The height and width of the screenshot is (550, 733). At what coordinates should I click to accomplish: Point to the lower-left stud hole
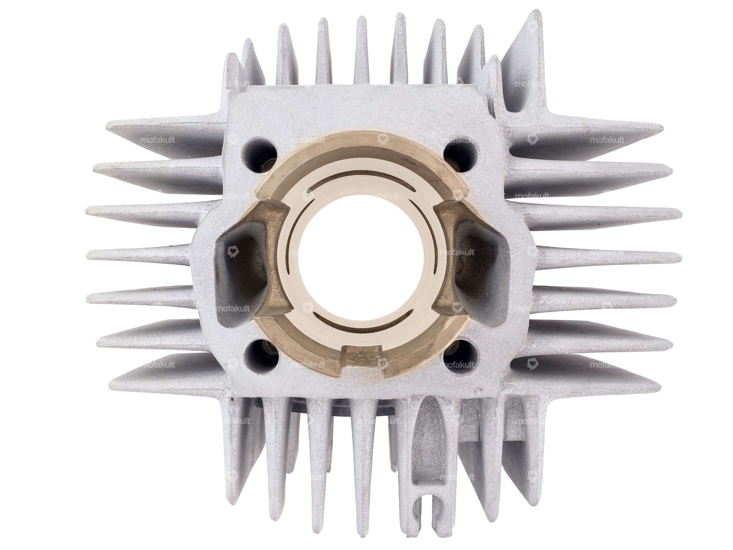[261, 356]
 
